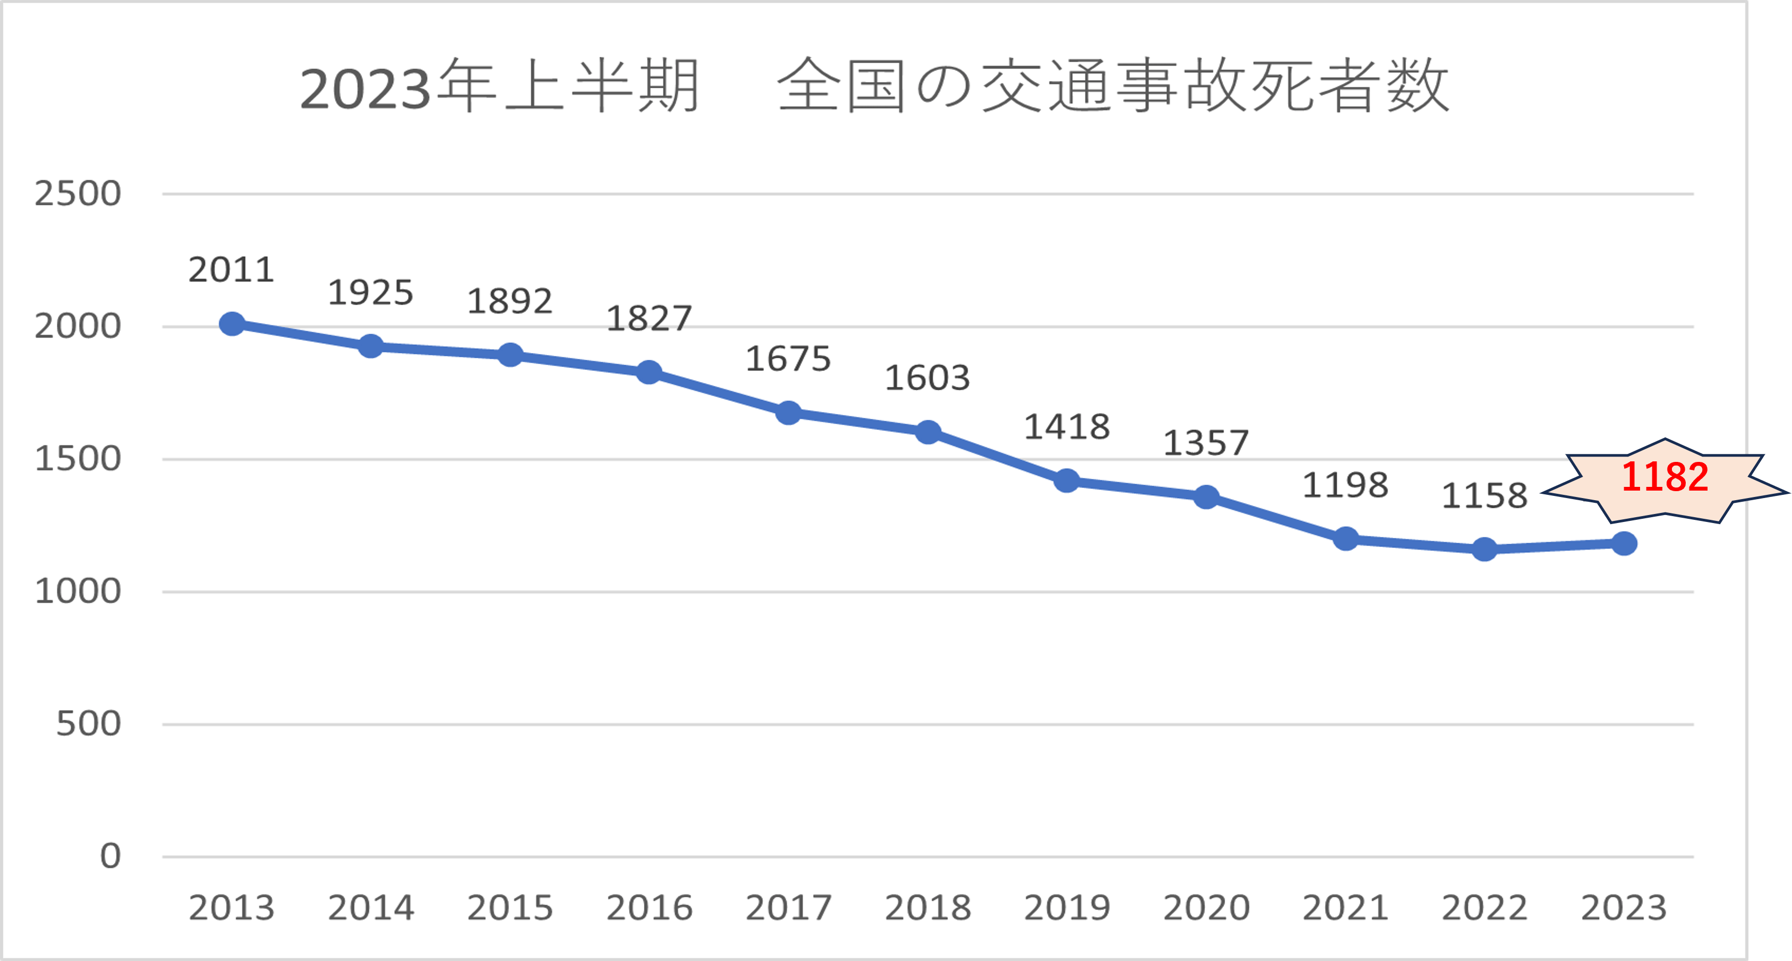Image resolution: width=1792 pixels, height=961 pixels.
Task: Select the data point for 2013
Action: (232, 324)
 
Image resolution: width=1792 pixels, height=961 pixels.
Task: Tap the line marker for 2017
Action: (788, 412)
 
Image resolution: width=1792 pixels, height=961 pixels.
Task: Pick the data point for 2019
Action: (1066, 480)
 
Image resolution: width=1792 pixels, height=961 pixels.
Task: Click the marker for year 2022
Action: (1484, 549)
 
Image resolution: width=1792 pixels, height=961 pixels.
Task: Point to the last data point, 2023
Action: (1624, 543)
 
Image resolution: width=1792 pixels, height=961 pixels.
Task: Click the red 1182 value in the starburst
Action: (1664, 477)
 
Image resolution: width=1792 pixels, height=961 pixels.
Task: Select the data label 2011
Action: (232, 269)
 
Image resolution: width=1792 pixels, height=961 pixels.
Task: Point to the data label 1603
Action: (927, 378)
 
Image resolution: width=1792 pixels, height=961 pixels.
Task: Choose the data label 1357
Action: (1206, 443)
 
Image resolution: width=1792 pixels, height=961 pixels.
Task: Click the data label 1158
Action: (1484, 495)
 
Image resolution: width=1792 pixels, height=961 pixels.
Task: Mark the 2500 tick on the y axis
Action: (78, 193)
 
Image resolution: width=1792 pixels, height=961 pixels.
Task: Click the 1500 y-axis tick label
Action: (78, 459)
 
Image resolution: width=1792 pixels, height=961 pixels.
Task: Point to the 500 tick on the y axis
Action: (88, 724)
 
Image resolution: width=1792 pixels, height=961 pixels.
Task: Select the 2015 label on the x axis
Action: (510, 907)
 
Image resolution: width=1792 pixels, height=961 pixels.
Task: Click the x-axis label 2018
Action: (927, 907)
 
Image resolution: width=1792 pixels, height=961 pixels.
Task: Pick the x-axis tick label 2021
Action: (1345, 907)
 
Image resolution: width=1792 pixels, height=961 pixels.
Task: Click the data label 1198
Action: (1345, 485)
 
